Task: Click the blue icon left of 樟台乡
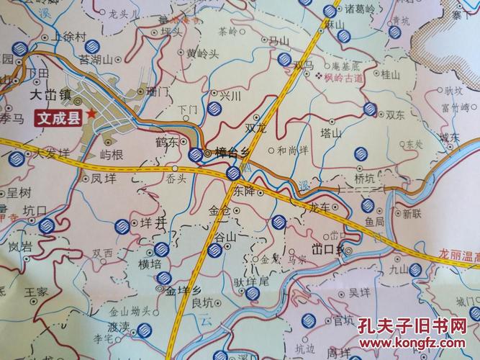click(x=194, y=154)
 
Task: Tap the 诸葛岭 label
click(x=361, y=11)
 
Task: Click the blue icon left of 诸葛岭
click(x=330, y=11)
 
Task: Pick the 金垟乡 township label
click(x=180, y=291)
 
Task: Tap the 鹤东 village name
click(x=166, y=143)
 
